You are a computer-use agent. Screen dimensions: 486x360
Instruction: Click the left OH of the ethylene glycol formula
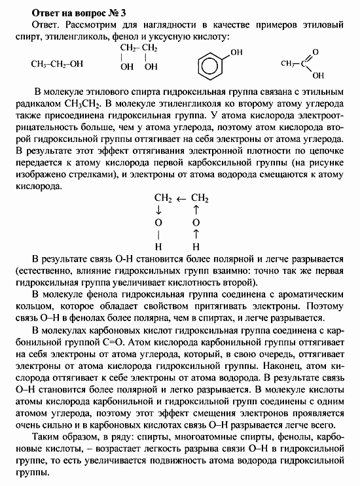point(126,67)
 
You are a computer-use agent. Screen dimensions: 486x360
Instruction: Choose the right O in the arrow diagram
point(195,222)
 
